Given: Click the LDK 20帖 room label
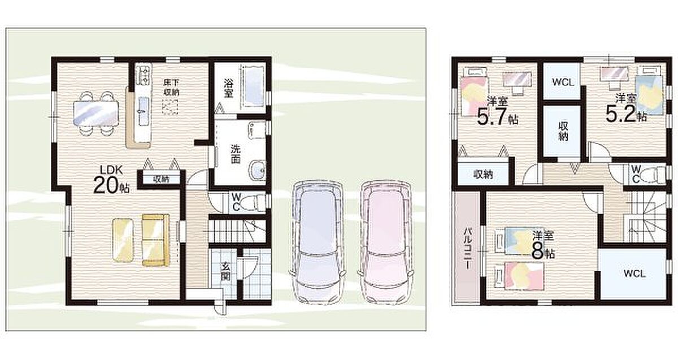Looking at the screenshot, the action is pyautogui.click(x=111, y=180).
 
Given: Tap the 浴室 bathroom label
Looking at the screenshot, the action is pyautogui.click(x=228, y=88).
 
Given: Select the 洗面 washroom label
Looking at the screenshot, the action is pyautogui.click(x=235, y=154).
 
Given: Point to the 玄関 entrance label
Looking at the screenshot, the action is pyautogui.click(x=225, y=271).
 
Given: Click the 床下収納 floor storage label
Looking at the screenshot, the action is pyautogui.click(x=171, y=87).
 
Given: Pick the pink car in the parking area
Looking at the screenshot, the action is pyautogui.click(x=384, y=242).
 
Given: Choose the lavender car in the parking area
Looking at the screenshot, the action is pyautogui.click(x=318, y=242).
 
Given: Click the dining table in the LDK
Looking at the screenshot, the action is pyautogui.click(x=95, y=113).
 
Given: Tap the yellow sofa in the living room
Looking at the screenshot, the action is pyautogui.click(x=155, y=240).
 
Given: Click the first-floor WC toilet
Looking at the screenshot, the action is pyautogui.click(x=256, y=202).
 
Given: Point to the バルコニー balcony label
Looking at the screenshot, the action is pyautogui.click(x=468, y=249).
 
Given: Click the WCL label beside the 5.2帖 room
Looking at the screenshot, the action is pyautogui.click(x=563, y=82).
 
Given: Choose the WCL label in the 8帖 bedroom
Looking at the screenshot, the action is pyautogui.click(x=634, y=274).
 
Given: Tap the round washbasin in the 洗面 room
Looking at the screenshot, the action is pyautogui.click(x=258, y=170).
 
